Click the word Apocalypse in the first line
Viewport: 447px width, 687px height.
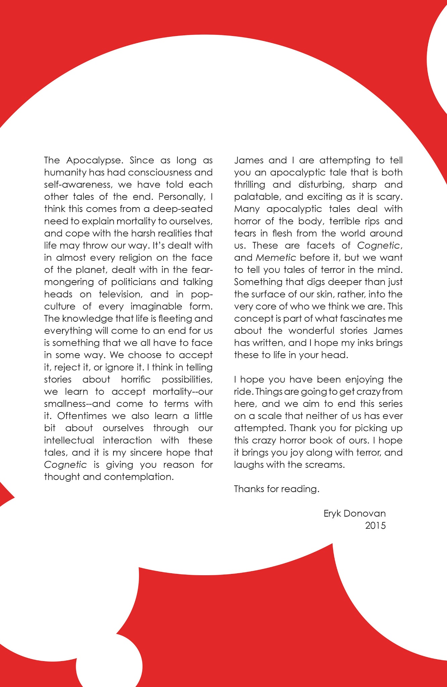[x=93, y=161]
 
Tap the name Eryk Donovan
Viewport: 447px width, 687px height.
[x=354, y=514]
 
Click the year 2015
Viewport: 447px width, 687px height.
[x=375, y=526]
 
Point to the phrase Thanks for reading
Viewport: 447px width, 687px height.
[x=277, y=489]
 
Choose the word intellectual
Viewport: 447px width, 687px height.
[x=69, y=440]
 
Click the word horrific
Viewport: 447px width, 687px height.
[x=136, y=380]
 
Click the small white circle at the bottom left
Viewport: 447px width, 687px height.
[x=109, y=666]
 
